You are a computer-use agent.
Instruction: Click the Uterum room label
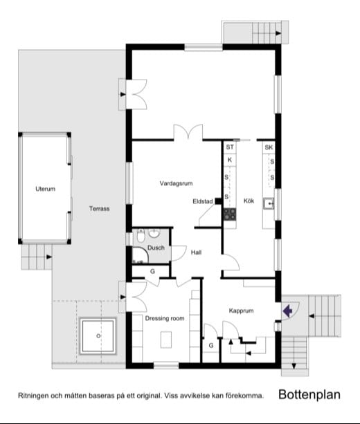pyautogui.click(x=46, y=189)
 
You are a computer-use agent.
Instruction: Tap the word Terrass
pyautogui.click(x=99, y=208)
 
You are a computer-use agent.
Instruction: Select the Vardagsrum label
pyautogui.click(x=177, y=183)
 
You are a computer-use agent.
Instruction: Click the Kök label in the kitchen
pyautogui.click(x=249, y=201)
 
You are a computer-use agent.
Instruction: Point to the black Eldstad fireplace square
pyautogui.click(x=218, y=201)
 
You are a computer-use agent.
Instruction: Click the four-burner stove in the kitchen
pyautogui.click(x=230, y=214)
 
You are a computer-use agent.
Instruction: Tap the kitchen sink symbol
pyautogui.click(x=269, y=203)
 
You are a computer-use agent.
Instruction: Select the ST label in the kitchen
pyautogui.click(x=230, y=147)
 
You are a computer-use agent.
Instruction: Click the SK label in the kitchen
pyautogui.click(x=269, y=147)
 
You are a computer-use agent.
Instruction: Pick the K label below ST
pyautogui.click(x=230, y=160)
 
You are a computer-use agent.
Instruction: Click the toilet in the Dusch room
pyautogui.click(x=141, y=236)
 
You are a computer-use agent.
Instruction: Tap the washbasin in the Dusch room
pyautogui.click(x=154, y=233)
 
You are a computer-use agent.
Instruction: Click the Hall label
pyautogui.click(x=196, y=252)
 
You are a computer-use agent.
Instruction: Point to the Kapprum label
pyautogui.click(x=241, y=311)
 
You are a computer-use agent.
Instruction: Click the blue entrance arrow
pyautogui.click(x=287, y=311)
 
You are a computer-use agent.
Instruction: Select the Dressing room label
pyautogui.click(x=165, y=318)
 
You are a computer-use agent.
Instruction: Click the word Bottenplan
pyautogui.click(x=309, y=394)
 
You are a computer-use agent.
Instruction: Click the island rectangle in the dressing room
pyautogui.click(x=166, y=340)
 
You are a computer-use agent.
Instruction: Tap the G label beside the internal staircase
pyautogui.click(x=211, y=345)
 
